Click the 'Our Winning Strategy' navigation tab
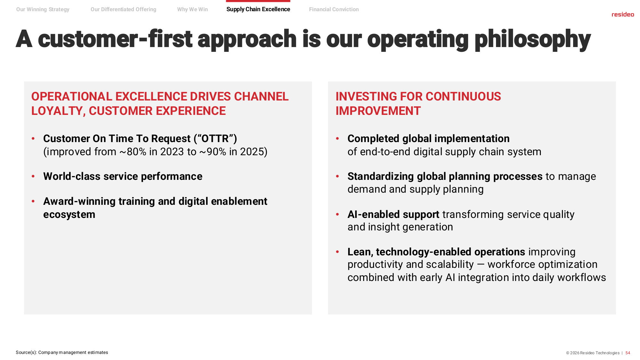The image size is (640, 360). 43,9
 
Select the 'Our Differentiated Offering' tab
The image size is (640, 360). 124,9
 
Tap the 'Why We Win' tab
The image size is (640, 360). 193,9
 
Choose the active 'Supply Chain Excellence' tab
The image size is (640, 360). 258,9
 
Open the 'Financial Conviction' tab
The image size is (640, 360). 334,9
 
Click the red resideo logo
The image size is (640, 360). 623,14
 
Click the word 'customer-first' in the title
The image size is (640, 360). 115,39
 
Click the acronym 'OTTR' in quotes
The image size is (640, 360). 215,139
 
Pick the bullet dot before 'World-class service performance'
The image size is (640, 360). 33,176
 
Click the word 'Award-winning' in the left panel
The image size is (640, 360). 79,202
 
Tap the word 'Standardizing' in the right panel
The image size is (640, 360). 380,177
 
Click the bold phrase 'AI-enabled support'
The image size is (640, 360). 393,214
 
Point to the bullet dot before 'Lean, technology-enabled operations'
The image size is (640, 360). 338,252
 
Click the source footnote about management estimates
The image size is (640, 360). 62,352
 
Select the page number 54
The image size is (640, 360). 628,353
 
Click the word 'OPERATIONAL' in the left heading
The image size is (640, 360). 72,96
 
